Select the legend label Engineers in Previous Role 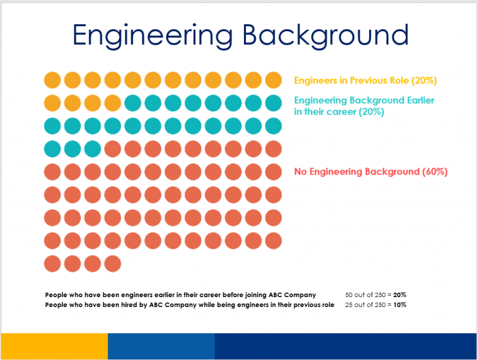[365, 80]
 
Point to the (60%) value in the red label [435, 171]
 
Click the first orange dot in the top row [52, 80]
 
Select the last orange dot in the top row [273, 80]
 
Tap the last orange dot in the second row [113, 103]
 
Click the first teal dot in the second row [133, 103]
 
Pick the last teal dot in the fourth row [93, 149]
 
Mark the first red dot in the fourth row [113, 149]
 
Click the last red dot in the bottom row [113, 263]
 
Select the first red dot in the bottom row [52, 263]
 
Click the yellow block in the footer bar [54, 346]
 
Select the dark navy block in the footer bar [346, 346]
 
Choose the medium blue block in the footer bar [161, 346]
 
